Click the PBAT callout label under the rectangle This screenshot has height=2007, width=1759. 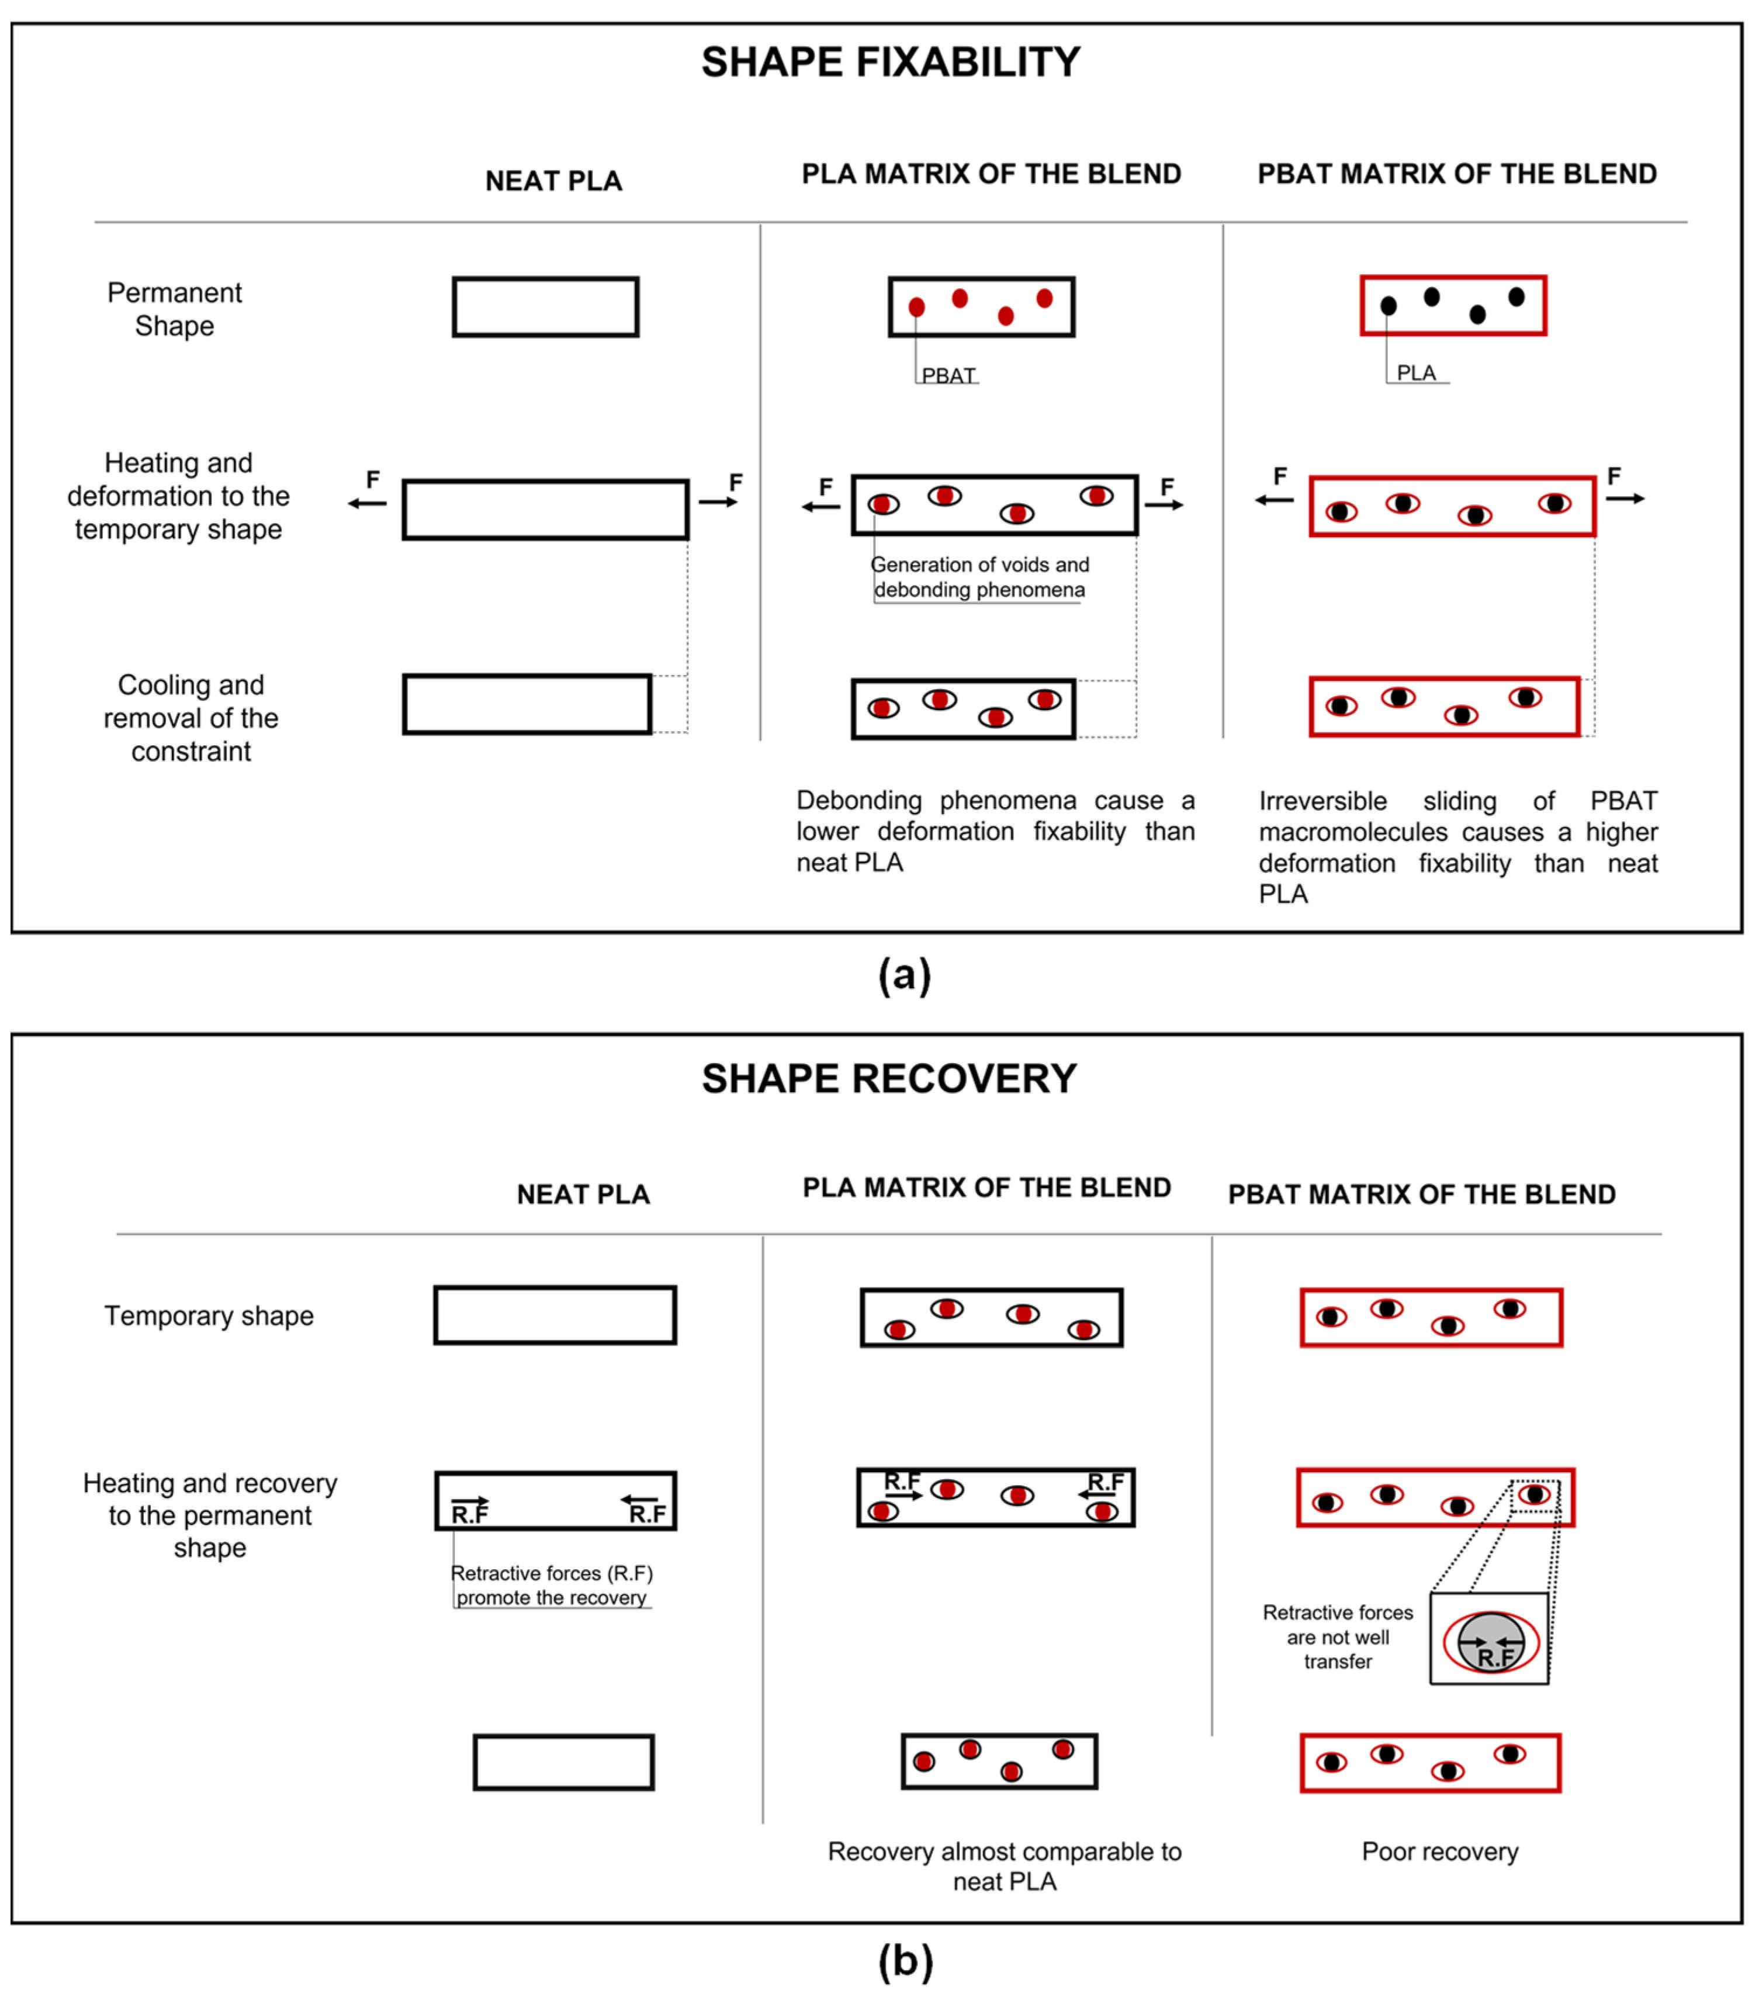(x=948, y=376)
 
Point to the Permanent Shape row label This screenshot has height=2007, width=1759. (x=175, y=309)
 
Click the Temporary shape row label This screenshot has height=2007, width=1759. (x=209, y=1316)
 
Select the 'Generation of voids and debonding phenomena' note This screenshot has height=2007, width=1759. (x=979, y=577)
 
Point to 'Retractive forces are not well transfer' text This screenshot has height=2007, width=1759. (x=1338, y=1637)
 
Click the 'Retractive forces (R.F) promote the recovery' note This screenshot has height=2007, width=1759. (x=552, y=1585)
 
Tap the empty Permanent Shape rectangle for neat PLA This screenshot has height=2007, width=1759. (x=546, y=307)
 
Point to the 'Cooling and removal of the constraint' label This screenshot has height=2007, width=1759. (x=192, y=718)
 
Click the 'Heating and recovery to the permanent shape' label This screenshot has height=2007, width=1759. (x=210, y=1515)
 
